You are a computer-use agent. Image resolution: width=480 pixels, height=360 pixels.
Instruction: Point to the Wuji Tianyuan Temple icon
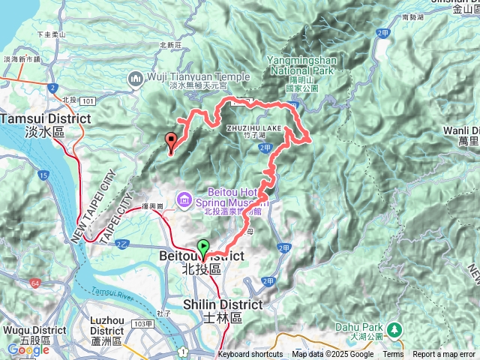pos(136,76)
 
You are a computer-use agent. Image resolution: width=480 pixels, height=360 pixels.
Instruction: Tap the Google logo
pos(27,349)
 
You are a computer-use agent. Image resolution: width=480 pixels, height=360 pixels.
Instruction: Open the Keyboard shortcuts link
pos(250,354)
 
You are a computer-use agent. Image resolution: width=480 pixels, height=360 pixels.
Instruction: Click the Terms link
pos(393,354)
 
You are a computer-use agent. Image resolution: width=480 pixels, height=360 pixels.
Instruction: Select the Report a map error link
pos(444,354)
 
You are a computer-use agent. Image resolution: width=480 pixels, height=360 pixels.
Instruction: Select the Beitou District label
pos(202,256)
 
